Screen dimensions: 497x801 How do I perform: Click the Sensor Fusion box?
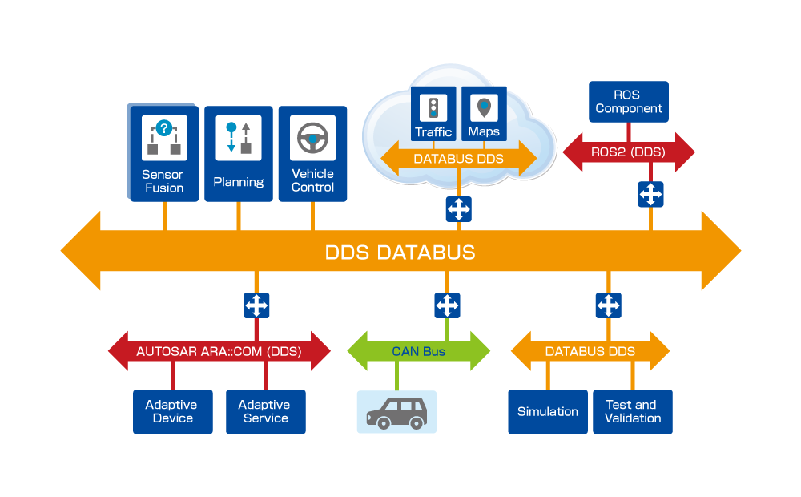point(163,153)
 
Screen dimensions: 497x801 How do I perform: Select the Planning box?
point(239,153)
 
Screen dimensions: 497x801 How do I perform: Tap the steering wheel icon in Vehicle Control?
point(312,139)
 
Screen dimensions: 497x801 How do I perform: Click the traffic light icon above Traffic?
point(433,107)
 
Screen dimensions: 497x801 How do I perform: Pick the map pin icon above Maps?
point(484,107)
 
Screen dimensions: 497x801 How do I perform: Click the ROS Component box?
point(629,102)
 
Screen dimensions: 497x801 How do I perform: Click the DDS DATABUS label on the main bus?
point(400,253)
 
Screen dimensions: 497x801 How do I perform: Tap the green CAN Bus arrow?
point(418,351)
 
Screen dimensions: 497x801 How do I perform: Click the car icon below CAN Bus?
point(396,412)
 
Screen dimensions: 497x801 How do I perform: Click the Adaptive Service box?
point(265,412)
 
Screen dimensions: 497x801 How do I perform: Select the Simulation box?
point(548,412)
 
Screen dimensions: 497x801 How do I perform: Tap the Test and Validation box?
point(633,412)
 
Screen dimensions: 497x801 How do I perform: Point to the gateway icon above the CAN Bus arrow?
point(447,305)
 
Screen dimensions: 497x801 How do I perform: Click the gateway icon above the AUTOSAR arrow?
point(256,305)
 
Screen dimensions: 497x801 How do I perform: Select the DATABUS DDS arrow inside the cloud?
point(458,159)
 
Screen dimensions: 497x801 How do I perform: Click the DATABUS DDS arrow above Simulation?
point(590,351)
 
